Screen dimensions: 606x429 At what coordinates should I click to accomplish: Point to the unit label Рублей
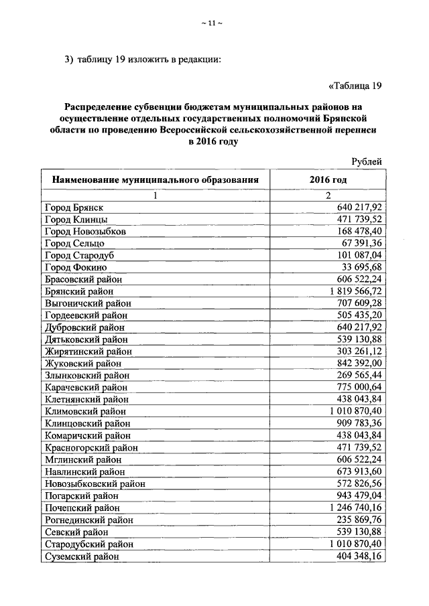tap(367, 161)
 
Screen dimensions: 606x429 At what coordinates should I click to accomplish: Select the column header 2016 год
tap(328, 180)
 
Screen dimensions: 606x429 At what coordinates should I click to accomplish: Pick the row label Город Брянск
tap(74, 208)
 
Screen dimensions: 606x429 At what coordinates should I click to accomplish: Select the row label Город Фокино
tap(75, 267)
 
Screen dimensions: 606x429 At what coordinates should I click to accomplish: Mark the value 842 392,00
tap(358, 363)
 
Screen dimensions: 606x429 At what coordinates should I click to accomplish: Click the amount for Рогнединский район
tap(358, 520)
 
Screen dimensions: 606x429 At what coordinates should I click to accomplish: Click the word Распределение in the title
tap(100, 107)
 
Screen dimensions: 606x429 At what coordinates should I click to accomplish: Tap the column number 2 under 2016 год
tap(328, 196)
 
